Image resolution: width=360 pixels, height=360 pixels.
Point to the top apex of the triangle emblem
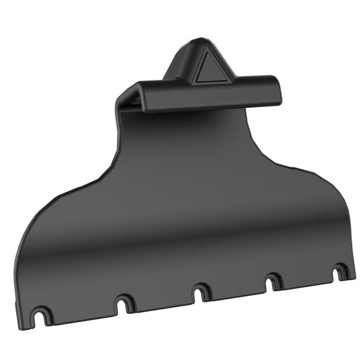[208, 52]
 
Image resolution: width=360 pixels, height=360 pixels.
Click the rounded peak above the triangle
[198, 43]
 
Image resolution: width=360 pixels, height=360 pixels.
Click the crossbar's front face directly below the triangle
[213, 95]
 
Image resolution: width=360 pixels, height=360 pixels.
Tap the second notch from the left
[123, 304]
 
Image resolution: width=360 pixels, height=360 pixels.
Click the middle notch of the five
[200, 292]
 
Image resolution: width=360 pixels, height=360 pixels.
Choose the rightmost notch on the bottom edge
[339, 272]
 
